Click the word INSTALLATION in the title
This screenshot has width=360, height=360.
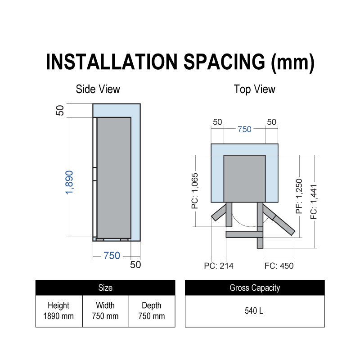pos(112,62)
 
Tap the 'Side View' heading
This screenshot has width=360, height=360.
pos(98,89)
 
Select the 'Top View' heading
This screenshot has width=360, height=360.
pos(254,89)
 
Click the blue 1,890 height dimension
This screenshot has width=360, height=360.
pos(69,183)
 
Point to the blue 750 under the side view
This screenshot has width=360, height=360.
pos(112,256)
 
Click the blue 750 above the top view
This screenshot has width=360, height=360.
pos(244,129)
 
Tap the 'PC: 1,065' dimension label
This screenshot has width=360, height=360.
pos(195,191)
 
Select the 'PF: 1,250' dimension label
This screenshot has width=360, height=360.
pos(299,196)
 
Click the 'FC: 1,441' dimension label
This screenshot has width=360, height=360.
pos(314,202)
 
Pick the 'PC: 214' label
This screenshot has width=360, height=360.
pos(219,266)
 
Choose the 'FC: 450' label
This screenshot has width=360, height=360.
pos(279,266)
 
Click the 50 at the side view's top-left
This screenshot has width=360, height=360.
pos(60,110)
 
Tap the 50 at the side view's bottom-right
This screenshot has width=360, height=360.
pos(135,265)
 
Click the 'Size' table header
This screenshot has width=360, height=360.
pos(105,288)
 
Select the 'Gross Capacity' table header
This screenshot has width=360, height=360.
pos(255,288)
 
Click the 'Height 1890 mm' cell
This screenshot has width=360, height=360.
pos(59,311)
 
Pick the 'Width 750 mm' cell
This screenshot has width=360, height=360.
pos(105,311)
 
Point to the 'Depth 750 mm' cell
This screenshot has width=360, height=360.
pos(152,311)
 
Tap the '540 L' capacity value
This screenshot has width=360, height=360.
pos(254,311)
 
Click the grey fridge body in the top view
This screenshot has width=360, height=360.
pos(244,179)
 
